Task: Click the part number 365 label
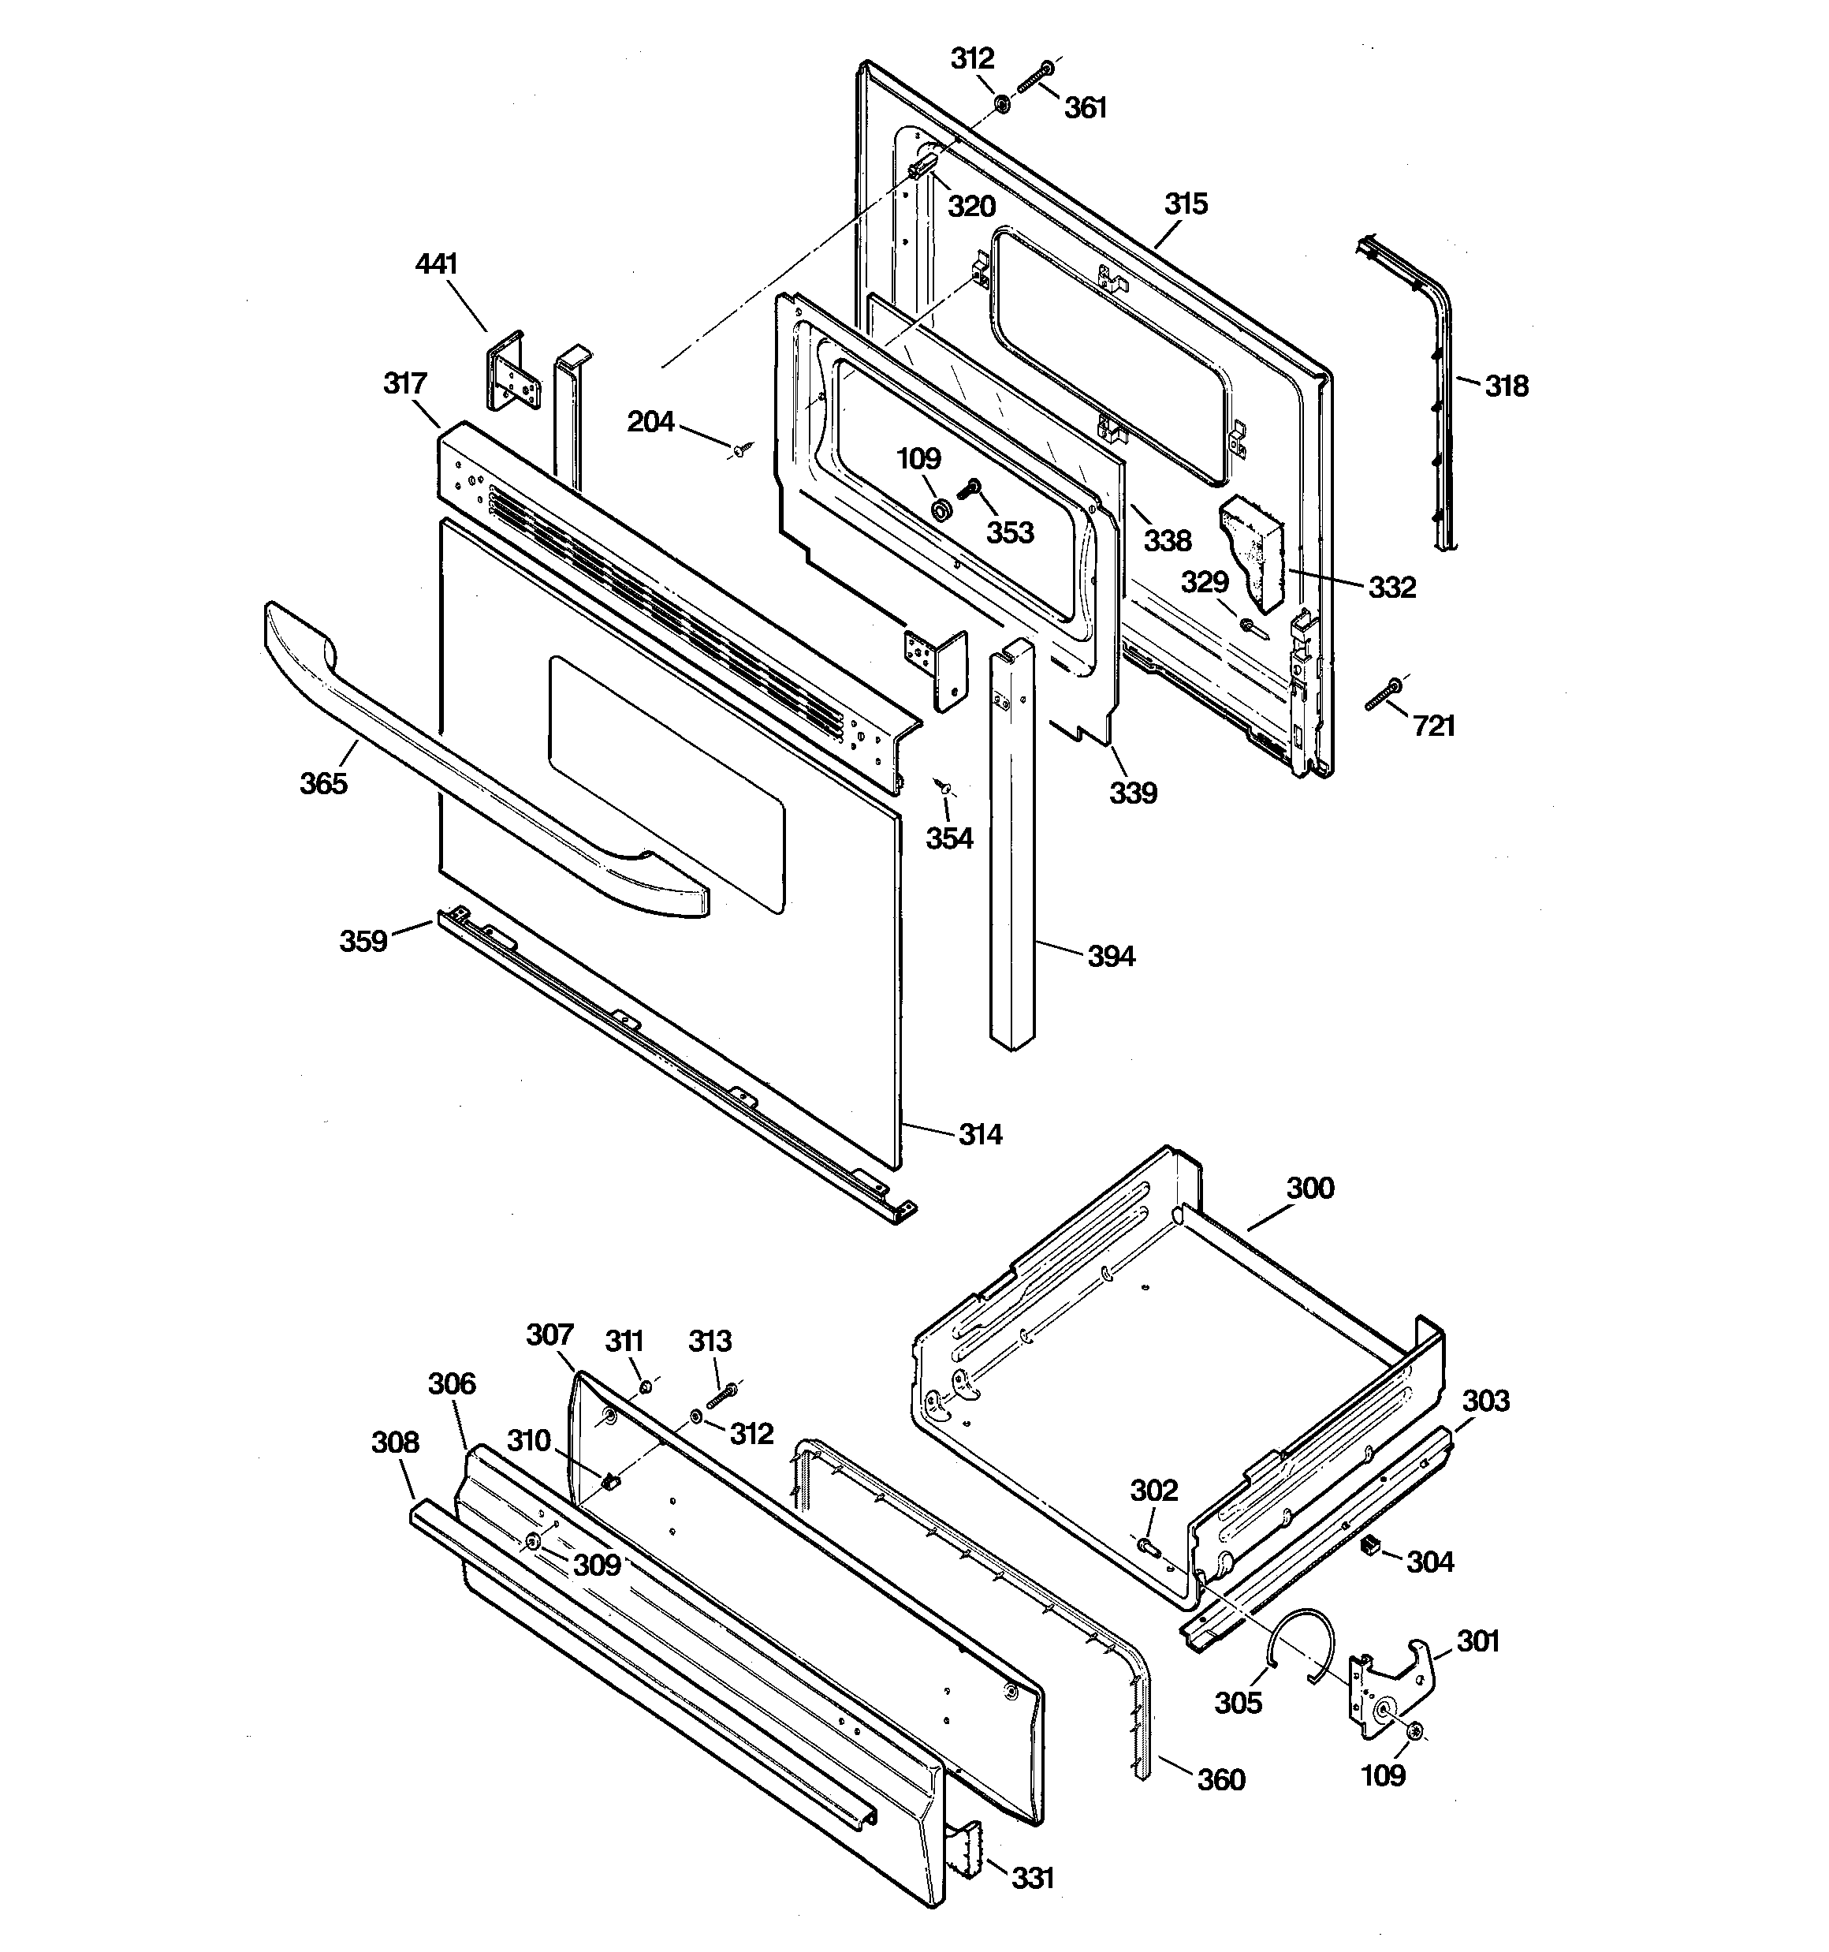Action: click(323, 783)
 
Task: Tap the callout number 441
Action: click(437, 264)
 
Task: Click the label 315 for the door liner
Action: click(1185, 204)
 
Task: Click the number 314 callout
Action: click(980, 1135)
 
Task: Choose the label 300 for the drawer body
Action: click(1309, 1188)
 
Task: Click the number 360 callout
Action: click(1221, 1780)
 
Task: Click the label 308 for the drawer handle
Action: click(395, 1443)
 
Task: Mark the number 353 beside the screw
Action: click(1009, 532)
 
